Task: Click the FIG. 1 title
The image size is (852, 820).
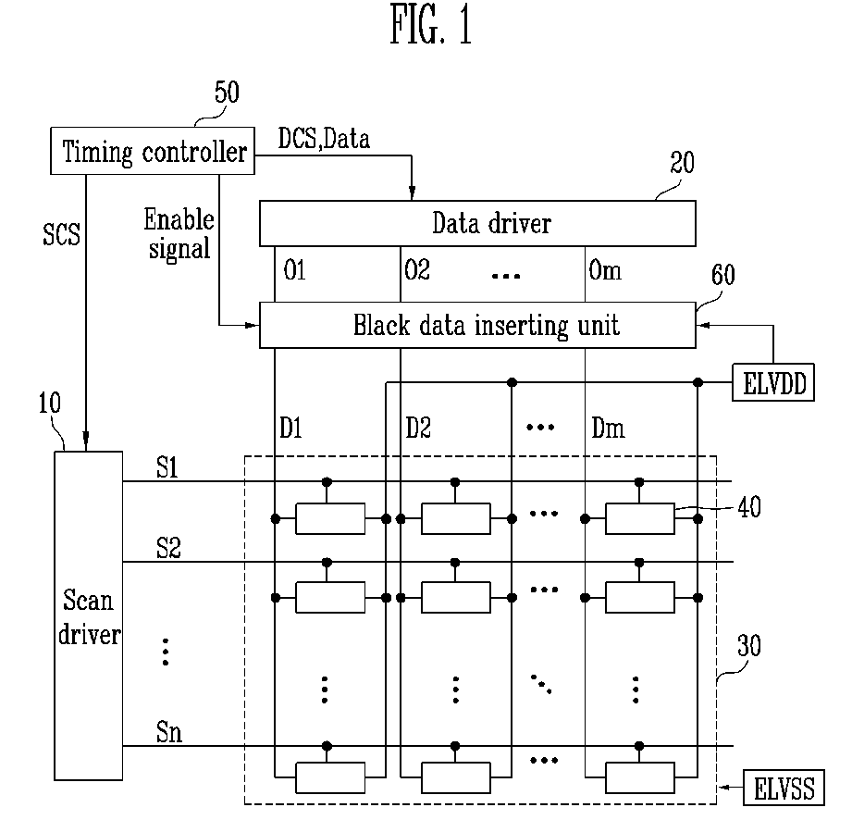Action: (431, 25)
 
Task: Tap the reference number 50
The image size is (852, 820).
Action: (227, 93)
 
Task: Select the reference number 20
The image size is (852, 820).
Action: (682, 163)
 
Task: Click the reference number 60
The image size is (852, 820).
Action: (723, 275)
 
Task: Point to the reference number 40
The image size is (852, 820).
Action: (749, 507)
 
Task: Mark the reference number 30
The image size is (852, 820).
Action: (748, 646)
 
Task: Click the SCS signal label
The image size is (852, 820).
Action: (61, 234)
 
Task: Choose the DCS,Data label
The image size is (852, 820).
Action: (324, 139)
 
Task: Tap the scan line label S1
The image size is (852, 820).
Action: (167, 467)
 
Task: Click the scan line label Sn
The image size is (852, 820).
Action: (169, 732)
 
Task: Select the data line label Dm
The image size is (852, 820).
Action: (608, 428)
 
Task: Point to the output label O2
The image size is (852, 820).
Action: (417, 269)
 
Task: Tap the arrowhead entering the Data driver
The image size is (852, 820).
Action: (412, 192)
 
